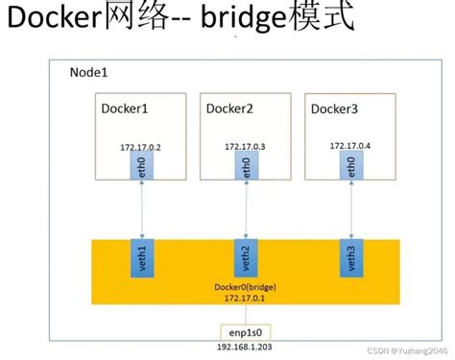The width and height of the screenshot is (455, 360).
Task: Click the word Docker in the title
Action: [x=60, y=22]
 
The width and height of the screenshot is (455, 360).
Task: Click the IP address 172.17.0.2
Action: [x=141, y=147]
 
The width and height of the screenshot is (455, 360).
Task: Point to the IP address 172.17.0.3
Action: [x=246, y=147]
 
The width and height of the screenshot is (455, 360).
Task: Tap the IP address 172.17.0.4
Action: [x=350, y=146]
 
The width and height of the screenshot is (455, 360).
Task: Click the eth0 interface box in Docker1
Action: [x=142, y=169]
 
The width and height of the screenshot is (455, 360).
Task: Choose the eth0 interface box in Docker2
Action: [x=246, y=169]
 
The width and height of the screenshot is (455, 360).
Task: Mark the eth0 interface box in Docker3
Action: [x=351, y=169]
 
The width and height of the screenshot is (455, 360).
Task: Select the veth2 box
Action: [x=246, y=259]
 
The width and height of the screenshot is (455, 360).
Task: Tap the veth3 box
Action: [x=351, y=259]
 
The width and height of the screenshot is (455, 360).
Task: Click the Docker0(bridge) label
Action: [x=245, y=287]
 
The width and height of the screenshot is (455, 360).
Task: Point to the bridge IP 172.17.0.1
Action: [x=245, y=300]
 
